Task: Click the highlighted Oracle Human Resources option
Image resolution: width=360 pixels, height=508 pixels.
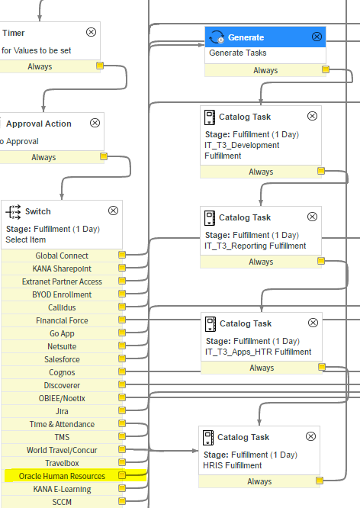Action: (62, 476)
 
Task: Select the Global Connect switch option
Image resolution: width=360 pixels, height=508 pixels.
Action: (62, 256)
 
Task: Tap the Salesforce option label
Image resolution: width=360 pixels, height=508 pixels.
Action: (62, 359)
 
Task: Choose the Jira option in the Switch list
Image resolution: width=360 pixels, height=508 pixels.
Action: (62, 411)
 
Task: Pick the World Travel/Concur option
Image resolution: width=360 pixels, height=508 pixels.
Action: (62, 450)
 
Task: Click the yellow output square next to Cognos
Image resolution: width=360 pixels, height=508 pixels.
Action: (122, 371)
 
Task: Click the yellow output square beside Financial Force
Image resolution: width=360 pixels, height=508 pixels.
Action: (122, 320)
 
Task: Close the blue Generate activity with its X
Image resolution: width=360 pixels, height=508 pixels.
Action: (317, 37)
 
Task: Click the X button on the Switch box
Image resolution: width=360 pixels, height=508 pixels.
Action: (113, 211)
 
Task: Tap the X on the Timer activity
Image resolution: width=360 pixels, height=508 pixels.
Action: (91, 32)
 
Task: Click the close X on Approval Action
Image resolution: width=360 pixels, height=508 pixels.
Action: (95, 123)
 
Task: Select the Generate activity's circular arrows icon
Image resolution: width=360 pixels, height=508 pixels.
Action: (217, 37)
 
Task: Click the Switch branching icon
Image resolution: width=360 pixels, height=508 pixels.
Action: (13, 212)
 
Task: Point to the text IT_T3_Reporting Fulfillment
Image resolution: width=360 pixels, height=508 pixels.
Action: (255, 246)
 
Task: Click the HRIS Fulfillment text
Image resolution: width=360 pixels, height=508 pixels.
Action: (233, 465)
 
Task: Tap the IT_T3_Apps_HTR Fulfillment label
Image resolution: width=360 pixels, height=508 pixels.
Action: (259, 352)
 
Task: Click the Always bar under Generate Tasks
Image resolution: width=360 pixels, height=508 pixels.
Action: (265, 70)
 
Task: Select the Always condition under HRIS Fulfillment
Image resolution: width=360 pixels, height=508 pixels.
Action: (259, 481)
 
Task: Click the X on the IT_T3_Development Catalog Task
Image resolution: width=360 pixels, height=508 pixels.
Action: (312, 116)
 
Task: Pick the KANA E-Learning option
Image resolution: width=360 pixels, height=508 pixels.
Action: (62, 489)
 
